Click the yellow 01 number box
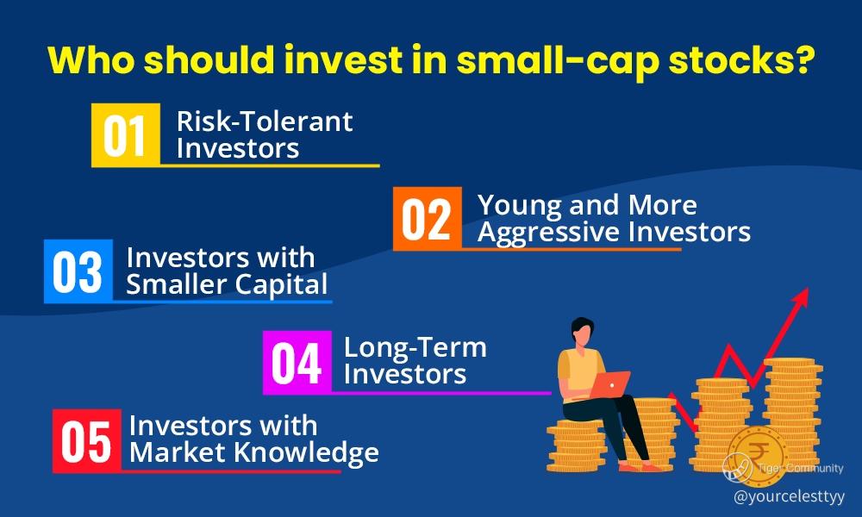126,134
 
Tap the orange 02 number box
428,219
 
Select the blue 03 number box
78,271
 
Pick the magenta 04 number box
297,362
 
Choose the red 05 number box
87,440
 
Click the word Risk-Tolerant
265,121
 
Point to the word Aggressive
550,233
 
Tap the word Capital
281,285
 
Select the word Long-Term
415,347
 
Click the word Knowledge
306,453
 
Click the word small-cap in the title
558,60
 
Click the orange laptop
611,383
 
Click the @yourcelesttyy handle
789,496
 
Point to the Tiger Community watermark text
800,468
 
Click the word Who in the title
91,59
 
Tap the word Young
521,206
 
